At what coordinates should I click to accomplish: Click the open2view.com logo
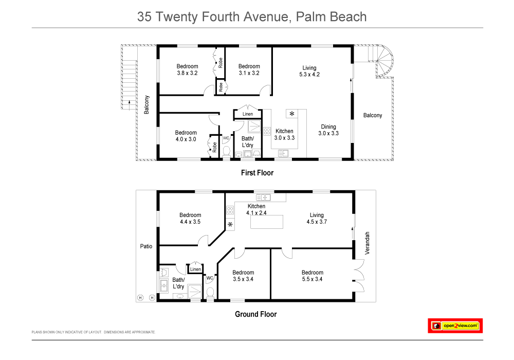[x=455, y=326]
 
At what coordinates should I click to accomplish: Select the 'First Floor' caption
[x=257, y=173]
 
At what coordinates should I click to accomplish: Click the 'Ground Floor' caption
[x=255, y=314]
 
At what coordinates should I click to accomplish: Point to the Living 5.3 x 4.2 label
[x=309, y=71]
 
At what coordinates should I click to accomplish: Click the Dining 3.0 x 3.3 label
[x=328, y=130]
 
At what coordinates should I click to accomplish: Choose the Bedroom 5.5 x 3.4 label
[x=313, y=276]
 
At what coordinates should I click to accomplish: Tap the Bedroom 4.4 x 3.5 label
[x=190, y=219]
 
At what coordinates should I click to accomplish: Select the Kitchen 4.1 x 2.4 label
[x=256, y=209]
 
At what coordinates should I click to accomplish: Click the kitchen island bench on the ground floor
[x=267, y=222]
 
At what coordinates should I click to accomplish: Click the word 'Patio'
[x=146, y=246]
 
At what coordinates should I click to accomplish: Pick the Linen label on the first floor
[x=248, y=114]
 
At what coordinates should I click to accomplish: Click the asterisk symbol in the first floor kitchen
[x=292, y=114]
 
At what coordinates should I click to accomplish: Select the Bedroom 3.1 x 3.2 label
[x=249, y=69]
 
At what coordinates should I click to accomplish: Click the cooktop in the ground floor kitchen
[x=230, y=209]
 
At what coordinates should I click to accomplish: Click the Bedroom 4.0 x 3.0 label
[x=186, y=136]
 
